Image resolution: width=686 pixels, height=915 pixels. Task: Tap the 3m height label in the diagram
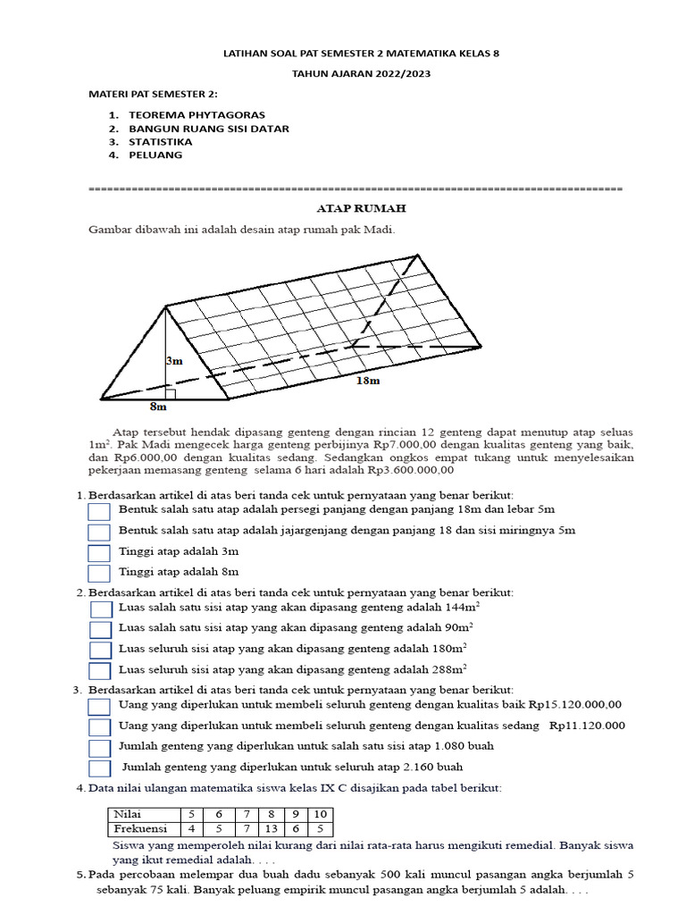(x=173, y=361)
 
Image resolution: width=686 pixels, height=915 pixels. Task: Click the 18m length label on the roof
(x=367, y=381)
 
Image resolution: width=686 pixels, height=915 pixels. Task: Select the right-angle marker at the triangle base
(x=170, y=394)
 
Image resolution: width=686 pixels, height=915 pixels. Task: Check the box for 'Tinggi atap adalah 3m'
(x=99, y=552)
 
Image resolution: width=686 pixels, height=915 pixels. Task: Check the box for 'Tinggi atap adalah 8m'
(x=99, y=573)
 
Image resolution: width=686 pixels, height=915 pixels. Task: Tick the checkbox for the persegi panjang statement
(x=99, y=510)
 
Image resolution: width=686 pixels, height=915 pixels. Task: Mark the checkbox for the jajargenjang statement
(x=99, y=532)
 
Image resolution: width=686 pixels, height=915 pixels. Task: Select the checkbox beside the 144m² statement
(x=101, y=609)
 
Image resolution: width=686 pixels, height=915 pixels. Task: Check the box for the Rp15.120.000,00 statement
(x=99, y=706)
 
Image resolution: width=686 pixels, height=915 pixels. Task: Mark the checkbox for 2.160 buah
(x=99, y=768)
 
